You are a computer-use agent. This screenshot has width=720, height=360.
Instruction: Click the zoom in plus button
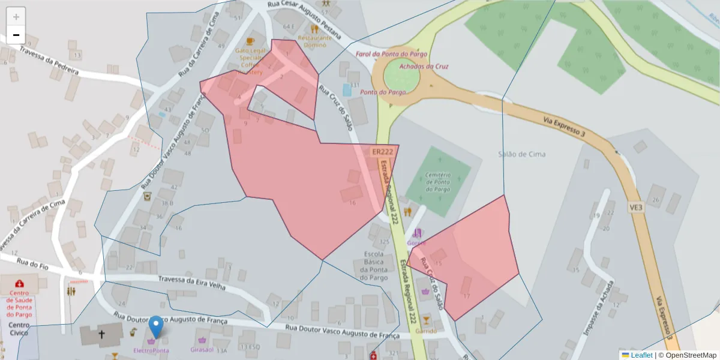tap(16, 17)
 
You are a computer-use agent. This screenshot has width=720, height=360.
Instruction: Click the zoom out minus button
tap(16, 35)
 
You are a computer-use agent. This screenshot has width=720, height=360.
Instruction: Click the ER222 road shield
tap(382, 152)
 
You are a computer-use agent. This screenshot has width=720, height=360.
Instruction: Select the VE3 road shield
tap(636, 207)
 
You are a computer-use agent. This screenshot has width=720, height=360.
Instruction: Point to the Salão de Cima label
tap(521, 154)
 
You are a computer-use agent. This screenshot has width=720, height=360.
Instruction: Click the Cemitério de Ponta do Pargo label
tap(438, 181)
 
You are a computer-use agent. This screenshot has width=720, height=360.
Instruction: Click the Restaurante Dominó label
tap(313, 41)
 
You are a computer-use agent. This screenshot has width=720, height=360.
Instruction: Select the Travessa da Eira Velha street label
tap(192, 283)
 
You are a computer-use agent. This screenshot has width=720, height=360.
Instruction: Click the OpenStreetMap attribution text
tap(686, 355)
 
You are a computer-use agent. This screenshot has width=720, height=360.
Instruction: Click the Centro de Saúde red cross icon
tap(20, 283)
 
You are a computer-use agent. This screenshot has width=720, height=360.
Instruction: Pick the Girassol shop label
tap(202, 349)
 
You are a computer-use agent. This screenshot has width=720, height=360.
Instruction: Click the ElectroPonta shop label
tap(151, 350)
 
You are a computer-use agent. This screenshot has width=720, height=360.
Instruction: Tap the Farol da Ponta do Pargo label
tap(391, 54)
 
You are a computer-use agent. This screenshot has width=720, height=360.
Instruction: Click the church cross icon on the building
tap(101, 334)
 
